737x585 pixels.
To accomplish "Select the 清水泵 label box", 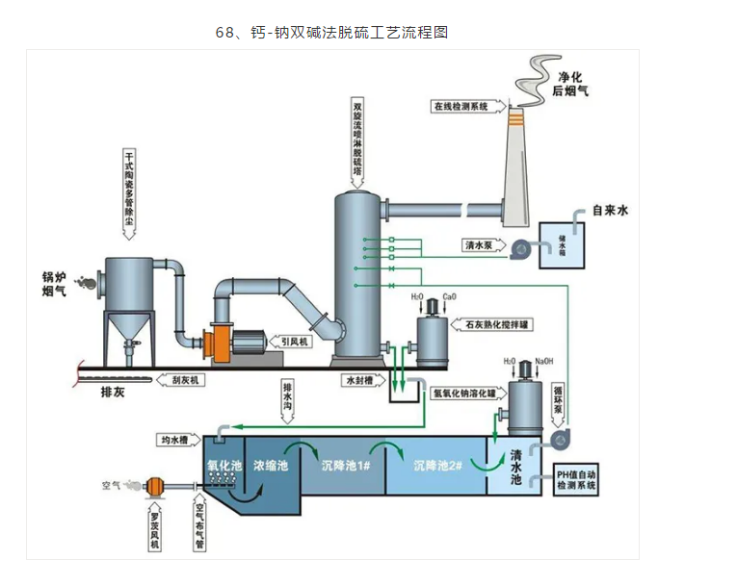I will (x=480, y=245).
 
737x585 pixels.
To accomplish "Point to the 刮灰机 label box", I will (x=183, y=380).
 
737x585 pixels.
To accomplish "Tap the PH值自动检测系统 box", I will (x=577, y=480).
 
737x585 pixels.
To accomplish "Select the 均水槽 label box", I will (x=174, y=441).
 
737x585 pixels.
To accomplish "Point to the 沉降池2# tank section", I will (x=438, y=466).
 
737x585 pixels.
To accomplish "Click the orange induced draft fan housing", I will (x=216, y=344).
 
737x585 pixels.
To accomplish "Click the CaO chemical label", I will (x=449, y=296).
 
